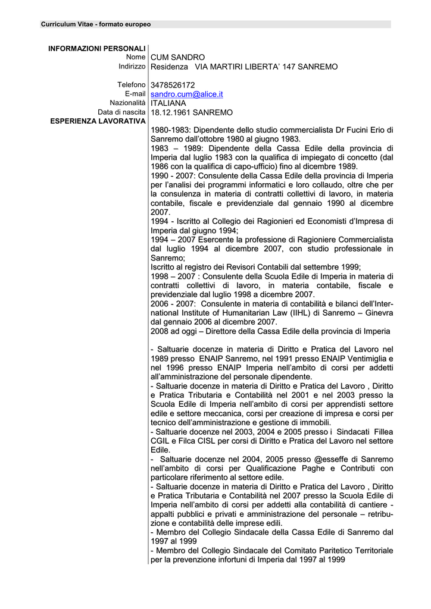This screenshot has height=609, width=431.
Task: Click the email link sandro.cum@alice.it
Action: coord(186,95)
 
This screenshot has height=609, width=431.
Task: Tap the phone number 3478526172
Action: coord(173,85)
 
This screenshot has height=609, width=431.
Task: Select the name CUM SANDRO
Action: coord(177,57)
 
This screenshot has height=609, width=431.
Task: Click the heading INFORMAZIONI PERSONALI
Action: coord(97,48)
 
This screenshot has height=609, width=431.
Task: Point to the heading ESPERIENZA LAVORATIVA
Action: coord(98,121)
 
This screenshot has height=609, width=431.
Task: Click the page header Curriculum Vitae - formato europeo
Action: coord(96,24)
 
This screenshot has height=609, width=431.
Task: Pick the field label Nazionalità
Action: coord(127,103)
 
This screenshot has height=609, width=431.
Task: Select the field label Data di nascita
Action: coord(121,112)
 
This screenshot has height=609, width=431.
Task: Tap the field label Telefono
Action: coord(131,85)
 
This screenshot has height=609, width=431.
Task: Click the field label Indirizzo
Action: coord(132,66)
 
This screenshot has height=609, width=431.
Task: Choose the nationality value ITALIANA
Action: coord(168,103)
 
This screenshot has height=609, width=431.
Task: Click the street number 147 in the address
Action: coord(293,67)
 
